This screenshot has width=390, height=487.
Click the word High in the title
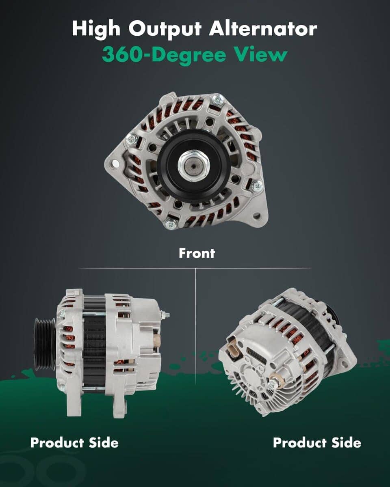(96, 29)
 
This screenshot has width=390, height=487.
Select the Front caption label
(197, 253)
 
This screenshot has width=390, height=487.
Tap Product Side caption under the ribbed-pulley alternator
(74, 442)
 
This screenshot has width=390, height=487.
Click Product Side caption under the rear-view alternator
(317, 442)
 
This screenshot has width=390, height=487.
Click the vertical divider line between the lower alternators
(195, 325)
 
